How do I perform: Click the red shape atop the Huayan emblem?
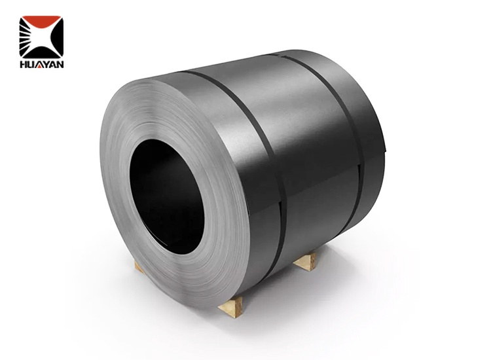pos(41,23)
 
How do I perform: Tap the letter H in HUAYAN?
pos(23,64)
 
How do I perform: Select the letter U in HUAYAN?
pos(31,64)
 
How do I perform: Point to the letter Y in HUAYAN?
pos(46,64)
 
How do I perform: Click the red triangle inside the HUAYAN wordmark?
pos(39,65)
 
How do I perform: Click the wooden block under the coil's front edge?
pos(230,306)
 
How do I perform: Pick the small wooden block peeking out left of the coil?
pos(138,266)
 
